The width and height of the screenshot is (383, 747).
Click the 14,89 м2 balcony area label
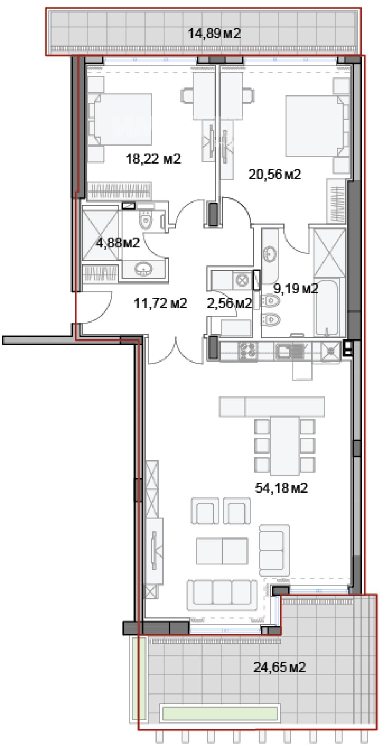pyautogui.click(x=214, y=33)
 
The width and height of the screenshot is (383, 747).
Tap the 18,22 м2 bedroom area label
pyautogui.click(x=153, y=159)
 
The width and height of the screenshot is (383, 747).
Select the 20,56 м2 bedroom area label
pyautogui.click(x=275, y=175)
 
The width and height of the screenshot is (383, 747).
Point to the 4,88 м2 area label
pyautogui.click(x=118, y=242)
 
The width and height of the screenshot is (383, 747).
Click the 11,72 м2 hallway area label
pyautogui.click(x=160, y=303)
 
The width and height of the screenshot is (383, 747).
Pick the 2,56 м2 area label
pyautogui.click(x=229, y=303)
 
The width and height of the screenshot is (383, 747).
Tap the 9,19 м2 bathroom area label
pyautogui.click(x=295, y=288)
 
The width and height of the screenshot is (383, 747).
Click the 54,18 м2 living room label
pyautogui.click(x=281, y=488)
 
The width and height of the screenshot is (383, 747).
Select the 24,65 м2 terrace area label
pyautogui.click(x=280, y=667)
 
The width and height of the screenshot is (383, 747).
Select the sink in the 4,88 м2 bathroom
pyautogui.click(x=144, y=269)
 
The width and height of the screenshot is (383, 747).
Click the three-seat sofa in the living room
pyautogui.click(x=222, y=595)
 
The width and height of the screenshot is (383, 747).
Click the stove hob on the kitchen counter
pyautogui.click(x=248, y=351)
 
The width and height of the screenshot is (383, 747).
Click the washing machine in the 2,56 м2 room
pyautogui.click(x=242, y=280)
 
